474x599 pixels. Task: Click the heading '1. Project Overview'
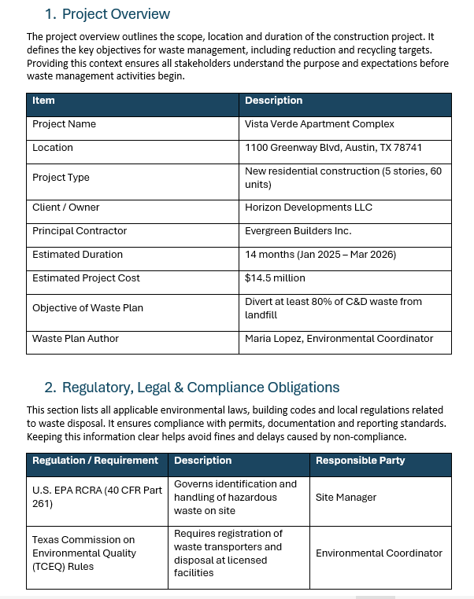pos(107,14)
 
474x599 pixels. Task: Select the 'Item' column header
pos(44,101)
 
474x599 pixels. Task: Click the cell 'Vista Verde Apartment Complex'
pos(319,124)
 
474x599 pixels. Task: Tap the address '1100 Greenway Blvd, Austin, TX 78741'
pos(333,148)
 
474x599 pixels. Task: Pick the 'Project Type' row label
pos(61,178)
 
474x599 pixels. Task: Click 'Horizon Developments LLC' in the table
pos(308,208)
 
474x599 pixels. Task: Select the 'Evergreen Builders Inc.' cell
pos(298,231)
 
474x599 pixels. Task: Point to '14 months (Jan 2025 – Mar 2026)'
pos(320,255)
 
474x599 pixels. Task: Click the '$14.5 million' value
pos(275,278)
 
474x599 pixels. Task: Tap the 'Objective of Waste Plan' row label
pos(87,308)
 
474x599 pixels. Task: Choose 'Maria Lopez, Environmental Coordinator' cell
pos(339,339)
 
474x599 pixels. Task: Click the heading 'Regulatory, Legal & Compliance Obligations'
pos(200,388)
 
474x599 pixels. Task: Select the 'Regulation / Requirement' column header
pos(95,461)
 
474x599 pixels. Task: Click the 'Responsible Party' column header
pos(360,461)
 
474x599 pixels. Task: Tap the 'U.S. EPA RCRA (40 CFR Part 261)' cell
pos(97,497)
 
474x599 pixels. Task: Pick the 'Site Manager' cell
pos(346,498)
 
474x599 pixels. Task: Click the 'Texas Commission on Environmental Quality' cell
pos(84,553)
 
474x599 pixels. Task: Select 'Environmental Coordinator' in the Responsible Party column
pos(379,553)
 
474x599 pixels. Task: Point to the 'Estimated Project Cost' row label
pos(86,278)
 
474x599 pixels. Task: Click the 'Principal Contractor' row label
pos(80,231)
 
